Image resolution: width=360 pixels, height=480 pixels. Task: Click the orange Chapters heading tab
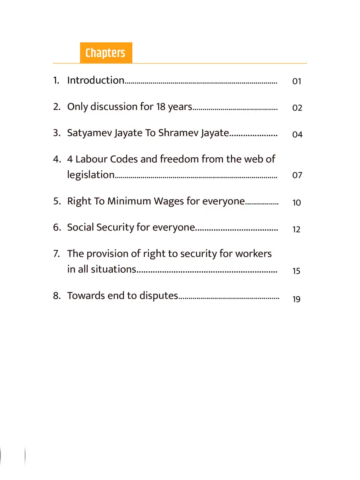pos(106,53)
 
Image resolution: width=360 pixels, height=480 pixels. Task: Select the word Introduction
pos(96,80)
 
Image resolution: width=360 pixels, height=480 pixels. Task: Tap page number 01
pos(296,82)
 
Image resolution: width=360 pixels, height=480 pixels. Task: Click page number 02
pos(297,108)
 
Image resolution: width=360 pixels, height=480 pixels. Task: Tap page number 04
pos(297,135)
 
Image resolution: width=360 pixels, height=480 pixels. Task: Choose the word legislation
pos(91,175)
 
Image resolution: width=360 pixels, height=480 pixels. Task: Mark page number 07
pos(297,176)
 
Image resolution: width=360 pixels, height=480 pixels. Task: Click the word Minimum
pos(129,201)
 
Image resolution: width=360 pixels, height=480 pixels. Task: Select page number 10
pos(296,203)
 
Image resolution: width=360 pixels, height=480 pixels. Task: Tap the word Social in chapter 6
pos(81,227)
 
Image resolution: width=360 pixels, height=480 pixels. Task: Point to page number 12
pos(296,230)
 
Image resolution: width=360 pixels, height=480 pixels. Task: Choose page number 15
pos(296,271)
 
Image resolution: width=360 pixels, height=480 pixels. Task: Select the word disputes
pos(158,296)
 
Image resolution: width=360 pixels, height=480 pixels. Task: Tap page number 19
pos(296,299)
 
